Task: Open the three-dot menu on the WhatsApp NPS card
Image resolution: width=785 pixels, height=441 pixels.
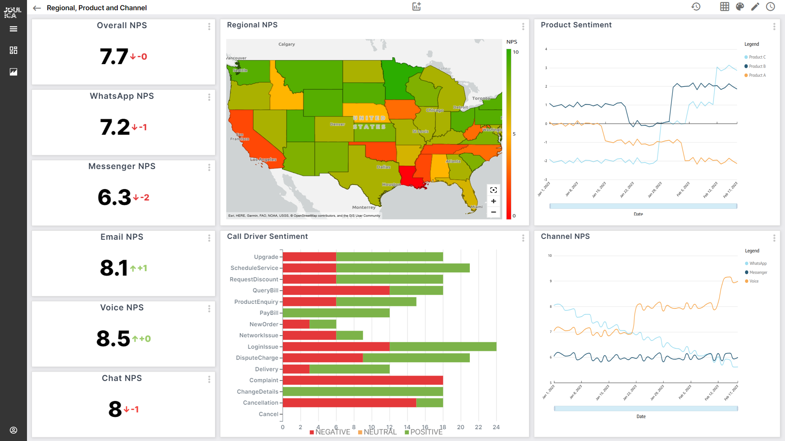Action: coord(209,97)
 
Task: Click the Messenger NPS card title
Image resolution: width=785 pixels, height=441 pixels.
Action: coord(122,166)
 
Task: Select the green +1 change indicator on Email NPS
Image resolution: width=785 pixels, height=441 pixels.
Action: coord(139,268)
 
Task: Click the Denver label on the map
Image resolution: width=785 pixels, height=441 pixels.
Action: coord(337,124)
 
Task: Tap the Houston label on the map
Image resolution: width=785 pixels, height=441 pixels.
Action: coord(391,184)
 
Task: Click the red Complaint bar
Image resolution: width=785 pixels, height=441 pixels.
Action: coord(363,380)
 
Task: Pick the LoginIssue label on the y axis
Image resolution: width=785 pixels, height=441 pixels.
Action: coord(263,347)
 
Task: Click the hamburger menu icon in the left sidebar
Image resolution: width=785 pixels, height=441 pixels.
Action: coord(13,29)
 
